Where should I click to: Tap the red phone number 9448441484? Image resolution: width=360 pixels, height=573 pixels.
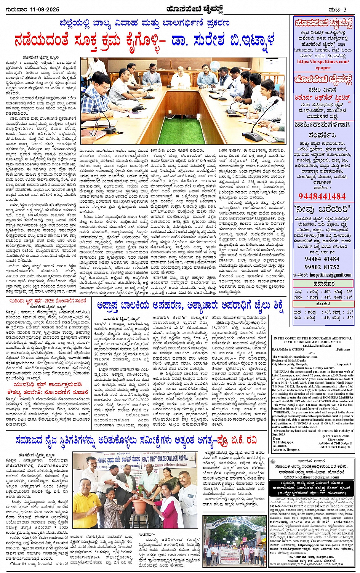click(x=322, y=196)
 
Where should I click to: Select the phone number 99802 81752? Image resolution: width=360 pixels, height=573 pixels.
click(x=322, y=267)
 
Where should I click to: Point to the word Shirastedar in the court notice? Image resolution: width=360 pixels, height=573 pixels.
click(x=335, y=439)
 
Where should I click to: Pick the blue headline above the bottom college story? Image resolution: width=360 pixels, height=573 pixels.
click(x=136, y=440)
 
